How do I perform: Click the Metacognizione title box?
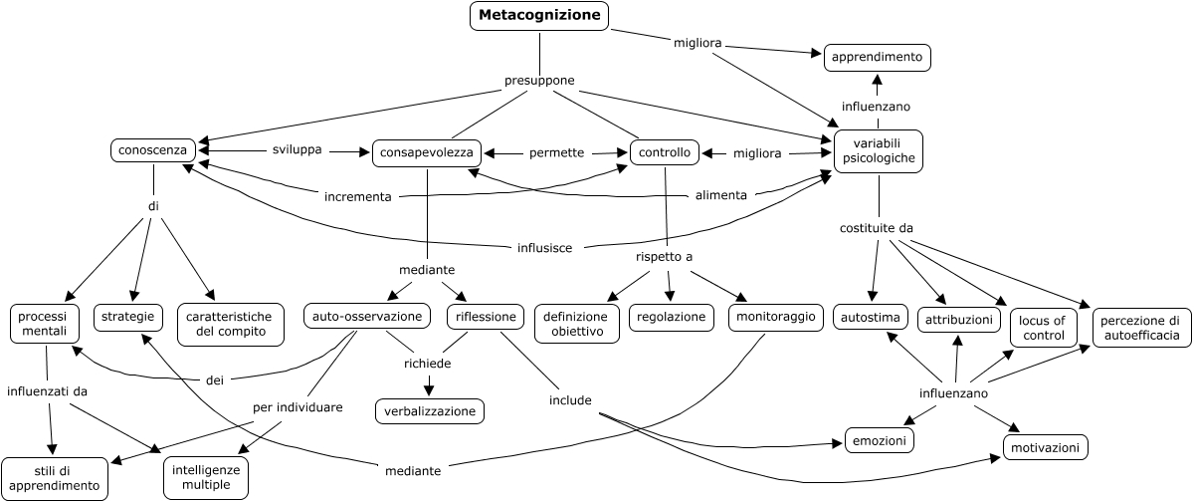click(x=539, y=15)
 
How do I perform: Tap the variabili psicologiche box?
click(x=879, y=151)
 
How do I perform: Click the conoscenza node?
click(x=152, y=150)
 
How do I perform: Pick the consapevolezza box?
click(x=427, y=153)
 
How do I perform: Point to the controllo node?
click(x=664, y=153)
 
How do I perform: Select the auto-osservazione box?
click(x=368, y=318)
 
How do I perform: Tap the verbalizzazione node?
click(x=429, y=410)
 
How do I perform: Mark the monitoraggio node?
click(x=773, y=318)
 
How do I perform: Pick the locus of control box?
click(x=1042, y=328)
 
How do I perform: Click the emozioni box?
click(x=880, y=439)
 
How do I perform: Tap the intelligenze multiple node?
click(x=206, y=478)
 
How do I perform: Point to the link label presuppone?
click(x=539, y=81)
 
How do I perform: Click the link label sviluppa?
click(x=297, y=150)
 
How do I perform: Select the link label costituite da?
click(x=877, y=228)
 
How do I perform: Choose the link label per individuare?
click(x=298, y=407)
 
